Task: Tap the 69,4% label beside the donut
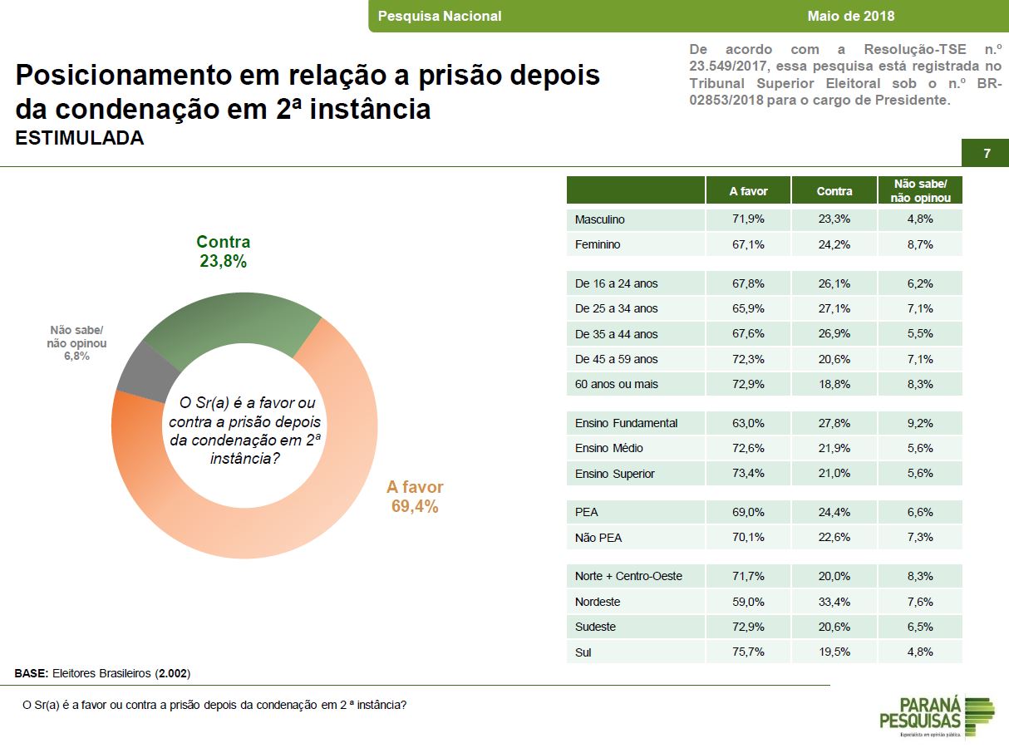[x=415, y=506]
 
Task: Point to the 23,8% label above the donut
[x=223, y=261]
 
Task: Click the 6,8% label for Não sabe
[x=76, y=357]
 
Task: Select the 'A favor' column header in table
[x=748, y=191]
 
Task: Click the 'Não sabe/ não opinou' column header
[x=920, y=190]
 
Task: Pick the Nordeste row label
[x=598, y=602]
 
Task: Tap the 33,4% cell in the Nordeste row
[x=834, y=602]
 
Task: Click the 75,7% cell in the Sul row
[x=748, y=652]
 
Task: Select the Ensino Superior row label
[x=615, y=474]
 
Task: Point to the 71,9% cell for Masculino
[x=748, y=219]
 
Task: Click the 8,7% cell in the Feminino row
[x=920, y=244]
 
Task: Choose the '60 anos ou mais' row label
[x=616, y=384]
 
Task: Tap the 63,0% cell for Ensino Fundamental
[x=748, y=423]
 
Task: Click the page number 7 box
[x=987, y=154]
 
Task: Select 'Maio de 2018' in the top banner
[x=850, y=16]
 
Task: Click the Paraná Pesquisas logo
[x=935, y=716]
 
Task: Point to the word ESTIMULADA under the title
[x=80, y=139]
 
